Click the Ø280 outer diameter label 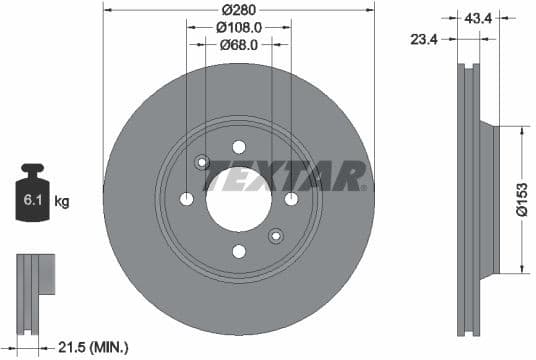[x=238, y=11]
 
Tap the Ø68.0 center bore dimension [x=238, y=45]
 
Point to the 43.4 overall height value [x=477, y=16]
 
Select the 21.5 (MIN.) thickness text [x=93, y=347]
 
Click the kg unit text [x=62, y=202]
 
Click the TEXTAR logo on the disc [x=285, y=176]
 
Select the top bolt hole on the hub [x=238, y=146]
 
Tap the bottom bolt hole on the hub [x=238, y=251]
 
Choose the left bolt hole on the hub [x=186, y=199]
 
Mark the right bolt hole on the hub [x=291, y=199]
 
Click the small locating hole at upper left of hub [x=201, y=162]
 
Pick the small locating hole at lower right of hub [x=276, y=236]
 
